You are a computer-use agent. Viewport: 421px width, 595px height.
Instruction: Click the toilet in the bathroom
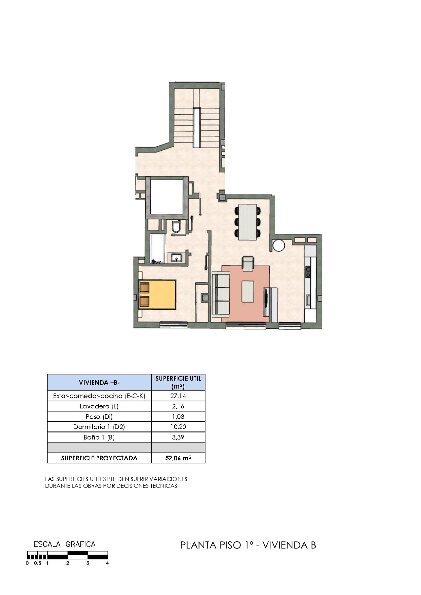pyautogui.click(x=176, y=226)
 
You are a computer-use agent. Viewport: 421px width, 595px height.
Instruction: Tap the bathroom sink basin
pyautogui.click(x=176, y=258)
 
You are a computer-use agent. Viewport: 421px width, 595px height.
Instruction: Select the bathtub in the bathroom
pyautogui.click(x=157, y=249)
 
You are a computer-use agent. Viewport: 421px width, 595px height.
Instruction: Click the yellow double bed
pyautogui.click(x=157, y=294)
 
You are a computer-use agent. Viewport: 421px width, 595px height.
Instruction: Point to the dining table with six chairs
pyautogui.click(x=248, y=222)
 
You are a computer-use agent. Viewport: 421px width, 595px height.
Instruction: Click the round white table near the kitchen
pyautogui.click(x=279, y=245)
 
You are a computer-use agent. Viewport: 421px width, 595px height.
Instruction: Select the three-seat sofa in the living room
pyautogui.click(x=221, y=294)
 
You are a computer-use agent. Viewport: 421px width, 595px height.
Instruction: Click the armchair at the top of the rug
pyautogui.click(x=248, y=264)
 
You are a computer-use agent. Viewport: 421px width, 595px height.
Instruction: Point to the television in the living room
pyautogui.click(x=266, y=302)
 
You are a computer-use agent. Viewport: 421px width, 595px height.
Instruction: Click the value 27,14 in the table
pyautogui.click(x=178, y=396)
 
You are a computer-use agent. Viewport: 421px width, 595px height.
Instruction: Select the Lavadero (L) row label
pyautogui.click(x=99, y=406)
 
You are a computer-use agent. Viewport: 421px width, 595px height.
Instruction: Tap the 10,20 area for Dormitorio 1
pyautogui.click(x=178, y=427)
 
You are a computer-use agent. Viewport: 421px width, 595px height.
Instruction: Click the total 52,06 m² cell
pyautogui.click(x=178, y=458)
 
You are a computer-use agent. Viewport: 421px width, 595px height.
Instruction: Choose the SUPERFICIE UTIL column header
pyautogui.click(x=178, y=382)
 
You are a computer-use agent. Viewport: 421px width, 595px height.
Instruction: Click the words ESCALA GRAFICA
pyautogui.click(x=64, y=544)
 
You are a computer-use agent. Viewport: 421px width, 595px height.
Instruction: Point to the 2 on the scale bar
pyautogui.click(x=68, y=563)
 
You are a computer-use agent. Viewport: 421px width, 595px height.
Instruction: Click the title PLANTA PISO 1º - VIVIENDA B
pyautogui.click(x=248, y=545)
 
